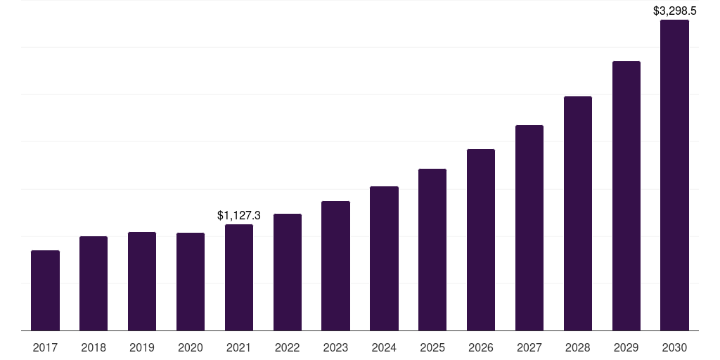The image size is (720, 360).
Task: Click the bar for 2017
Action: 45,290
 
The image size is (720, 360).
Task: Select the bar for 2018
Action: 94,283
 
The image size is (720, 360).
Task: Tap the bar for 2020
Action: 191,281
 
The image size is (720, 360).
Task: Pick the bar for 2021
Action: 239,277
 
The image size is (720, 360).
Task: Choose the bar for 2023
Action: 335,266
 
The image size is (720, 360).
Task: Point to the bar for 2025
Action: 432,250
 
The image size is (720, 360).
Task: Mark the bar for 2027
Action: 529,228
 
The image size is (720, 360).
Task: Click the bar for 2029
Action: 626,195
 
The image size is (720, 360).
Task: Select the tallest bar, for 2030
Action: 674,175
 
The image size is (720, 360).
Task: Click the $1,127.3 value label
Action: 239,215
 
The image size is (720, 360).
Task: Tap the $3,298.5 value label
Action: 674,11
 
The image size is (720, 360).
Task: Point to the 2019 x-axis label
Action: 142,347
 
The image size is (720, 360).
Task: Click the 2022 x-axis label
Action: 287,347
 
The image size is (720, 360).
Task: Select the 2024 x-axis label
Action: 384,347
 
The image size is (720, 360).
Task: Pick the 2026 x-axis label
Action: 481,347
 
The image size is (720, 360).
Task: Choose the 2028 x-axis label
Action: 578,347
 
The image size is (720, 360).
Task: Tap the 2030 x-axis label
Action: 674,347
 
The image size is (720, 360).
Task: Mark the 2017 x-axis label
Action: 45,347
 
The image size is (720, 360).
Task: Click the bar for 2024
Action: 384,258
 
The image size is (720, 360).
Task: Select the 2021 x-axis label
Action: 239,347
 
